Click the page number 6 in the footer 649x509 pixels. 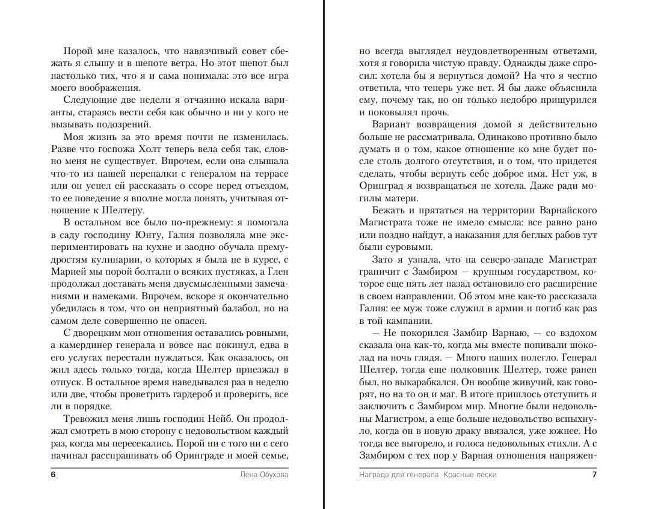(x=53, y=475)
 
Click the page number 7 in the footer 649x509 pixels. (x=594, y=475)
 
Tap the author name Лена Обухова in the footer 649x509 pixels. (x=260, y=475)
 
